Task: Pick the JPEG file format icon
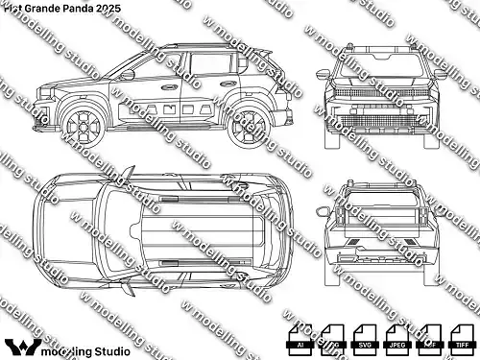point(396,337)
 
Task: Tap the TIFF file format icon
point(462,337)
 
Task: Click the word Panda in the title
point(82,7)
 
